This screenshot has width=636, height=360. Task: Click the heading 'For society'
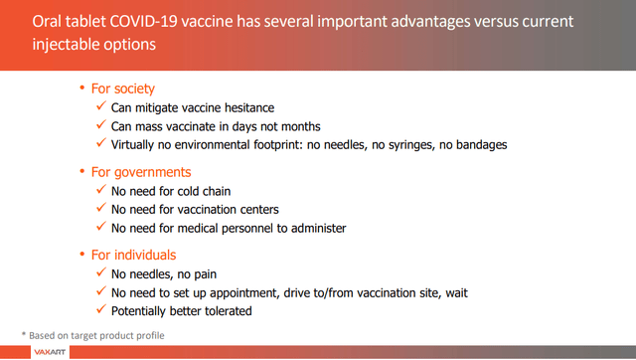pos(123,89)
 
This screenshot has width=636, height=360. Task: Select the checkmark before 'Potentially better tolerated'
pos(101,311)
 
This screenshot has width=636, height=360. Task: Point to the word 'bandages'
pos(479,145)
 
